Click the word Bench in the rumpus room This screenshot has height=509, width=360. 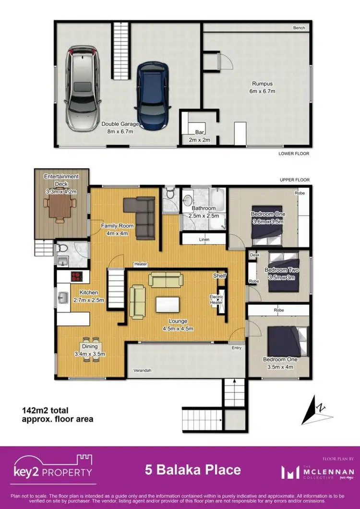[x=299, y=28]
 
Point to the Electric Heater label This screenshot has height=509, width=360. [x=216, y=300]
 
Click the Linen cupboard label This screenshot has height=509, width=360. [x=204, y=239]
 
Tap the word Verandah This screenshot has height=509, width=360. [x=142, y=370]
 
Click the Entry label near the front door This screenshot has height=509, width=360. [x=237, y=347]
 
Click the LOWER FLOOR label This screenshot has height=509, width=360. [x=294, y=154]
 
